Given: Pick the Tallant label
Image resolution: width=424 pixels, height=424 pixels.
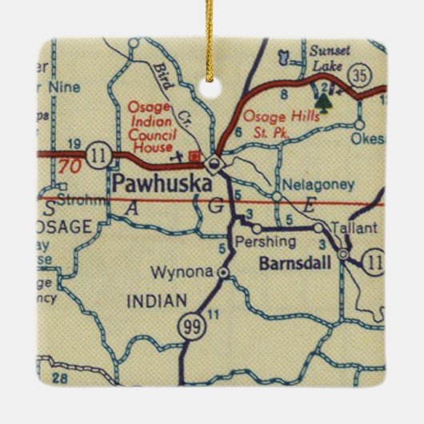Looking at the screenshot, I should [353, 229].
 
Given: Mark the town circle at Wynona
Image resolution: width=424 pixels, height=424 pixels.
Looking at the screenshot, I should [223, 273].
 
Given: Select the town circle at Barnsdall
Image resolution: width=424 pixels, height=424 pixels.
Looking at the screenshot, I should [342, 255].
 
